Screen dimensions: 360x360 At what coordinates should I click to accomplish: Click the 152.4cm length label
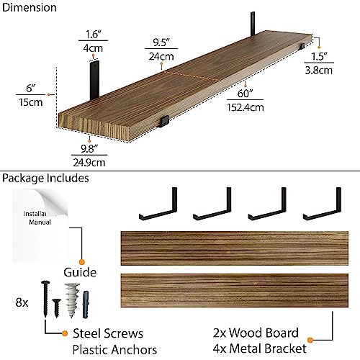[246, 107]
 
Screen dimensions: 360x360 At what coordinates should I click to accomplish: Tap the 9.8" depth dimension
[89, 149]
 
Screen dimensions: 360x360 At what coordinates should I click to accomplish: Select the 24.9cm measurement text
[89, 163]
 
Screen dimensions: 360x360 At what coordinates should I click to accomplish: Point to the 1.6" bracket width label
[93, 35]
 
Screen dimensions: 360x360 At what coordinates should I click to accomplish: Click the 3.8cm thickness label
[319, 71]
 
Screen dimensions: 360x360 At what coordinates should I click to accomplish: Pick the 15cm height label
[31, 102]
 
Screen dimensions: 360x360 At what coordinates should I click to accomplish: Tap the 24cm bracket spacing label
[161, 57]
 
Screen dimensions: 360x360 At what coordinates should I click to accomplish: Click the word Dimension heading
[30, 7]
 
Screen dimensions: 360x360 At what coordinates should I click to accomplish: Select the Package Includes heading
[45, 179]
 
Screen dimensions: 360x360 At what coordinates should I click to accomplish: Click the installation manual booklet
[40, 225]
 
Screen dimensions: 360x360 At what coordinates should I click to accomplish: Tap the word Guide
[80, 272]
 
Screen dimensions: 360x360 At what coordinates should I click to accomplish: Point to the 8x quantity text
[22, 302]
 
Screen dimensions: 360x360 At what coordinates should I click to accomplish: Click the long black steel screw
[45, 299]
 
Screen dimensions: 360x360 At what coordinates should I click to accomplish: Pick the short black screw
[57, 308]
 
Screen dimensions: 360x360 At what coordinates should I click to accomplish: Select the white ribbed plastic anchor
[72, 300]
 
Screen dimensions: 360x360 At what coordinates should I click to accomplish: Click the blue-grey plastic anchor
[86, 305]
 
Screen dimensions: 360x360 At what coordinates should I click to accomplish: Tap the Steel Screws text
[108, 333]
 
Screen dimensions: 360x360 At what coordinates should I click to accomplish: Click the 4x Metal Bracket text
[259, 348]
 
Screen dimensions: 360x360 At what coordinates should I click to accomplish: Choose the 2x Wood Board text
[256, 333]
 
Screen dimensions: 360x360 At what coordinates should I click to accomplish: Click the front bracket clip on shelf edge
[164, 121]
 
